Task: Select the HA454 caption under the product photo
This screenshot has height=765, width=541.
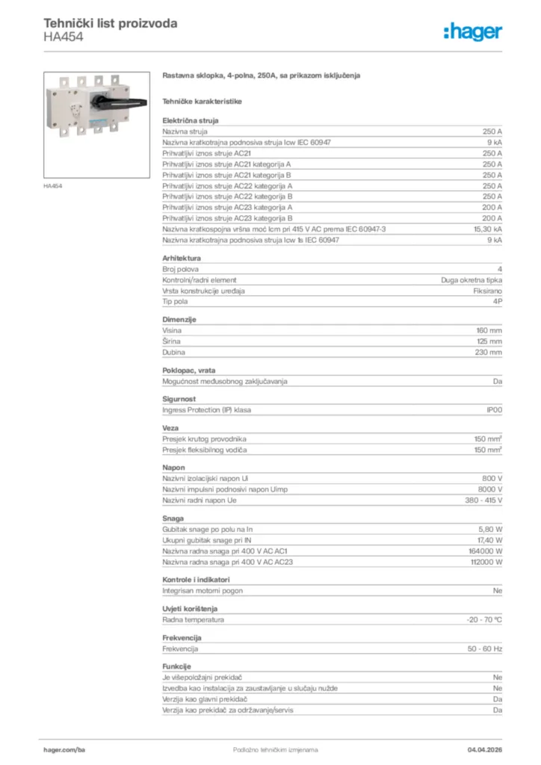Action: tap(52, 186)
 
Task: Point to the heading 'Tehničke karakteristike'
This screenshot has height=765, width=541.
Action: tap(202, 101)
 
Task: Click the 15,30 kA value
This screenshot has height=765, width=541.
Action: tap(487, 229)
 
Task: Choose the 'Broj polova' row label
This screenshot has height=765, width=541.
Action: tap(181, 269)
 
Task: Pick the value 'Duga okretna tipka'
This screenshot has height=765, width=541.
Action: tap(471, 280)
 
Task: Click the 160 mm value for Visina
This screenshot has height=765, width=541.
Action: tap(489, 330)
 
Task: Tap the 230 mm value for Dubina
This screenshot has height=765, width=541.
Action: tap(489, 352)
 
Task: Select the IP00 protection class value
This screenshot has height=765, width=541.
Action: tap(494, 410)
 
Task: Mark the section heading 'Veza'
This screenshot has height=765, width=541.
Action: tap(170, 428)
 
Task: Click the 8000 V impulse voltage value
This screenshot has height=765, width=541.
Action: tap(489, 489)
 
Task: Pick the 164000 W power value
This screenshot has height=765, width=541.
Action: tap(486, 551)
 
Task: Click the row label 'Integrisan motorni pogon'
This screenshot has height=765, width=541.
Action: tap(205, 591)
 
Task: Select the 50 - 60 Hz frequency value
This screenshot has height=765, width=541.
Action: tap(485, 649)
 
